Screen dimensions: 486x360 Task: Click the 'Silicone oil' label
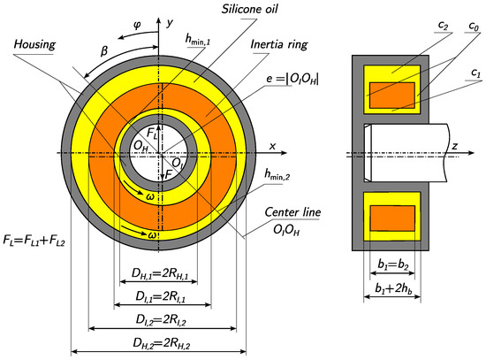[249, 9]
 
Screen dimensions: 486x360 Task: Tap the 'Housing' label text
[34, 44]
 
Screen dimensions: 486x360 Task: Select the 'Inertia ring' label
[279, 44]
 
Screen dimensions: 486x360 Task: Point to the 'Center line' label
[292, 212]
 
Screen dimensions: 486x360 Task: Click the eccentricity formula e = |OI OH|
[292, 79]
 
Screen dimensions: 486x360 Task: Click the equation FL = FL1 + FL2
[34, 241]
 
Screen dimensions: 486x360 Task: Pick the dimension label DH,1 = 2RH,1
[160, 273]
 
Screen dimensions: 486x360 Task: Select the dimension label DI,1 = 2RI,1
[161, 296]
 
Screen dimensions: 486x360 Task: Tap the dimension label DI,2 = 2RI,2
[161, 320]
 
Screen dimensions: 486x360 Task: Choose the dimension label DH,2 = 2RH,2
[161, 343]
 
